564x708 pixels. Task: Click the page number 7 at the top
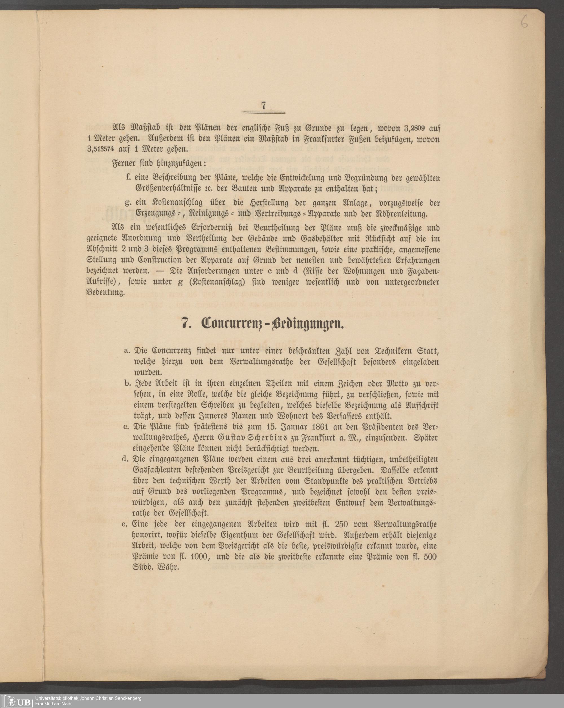coord(263,105)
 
